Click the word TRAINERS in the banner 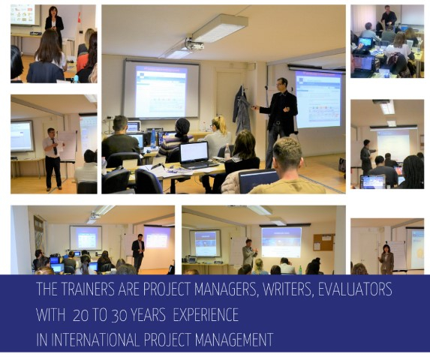[86, 289]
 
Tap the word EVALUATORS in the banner [355, 289]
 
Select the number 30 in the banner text [119, 315]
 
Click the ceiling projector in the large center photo [194, 43]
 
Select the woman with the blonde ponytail [218, 134]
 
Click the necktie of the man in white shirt [54, 147]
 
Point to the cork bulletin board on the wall [323, 242]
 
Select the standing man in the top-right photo [389, 16]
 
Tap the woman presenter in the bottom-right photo [386, 259]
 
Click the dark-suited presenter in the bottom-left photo [138, 253]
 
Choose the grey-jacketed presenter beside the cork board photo [249, 252]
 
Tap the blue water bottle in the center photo [153, 138]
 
